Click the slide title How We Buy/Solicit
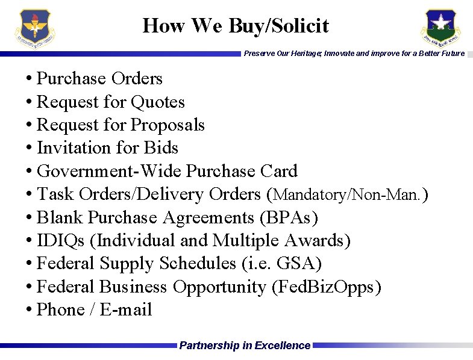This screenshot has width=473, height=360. click(x=236, y=26)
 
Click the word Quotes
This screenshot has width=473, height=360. click(x=158, y=102)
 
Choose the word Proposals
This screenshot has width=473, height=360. click(x=168, y=125)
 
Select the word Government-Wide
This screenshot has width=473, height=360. click(x=109, y=172)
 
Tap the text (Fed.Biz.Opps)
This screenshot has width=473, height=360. click(x=327, y=287)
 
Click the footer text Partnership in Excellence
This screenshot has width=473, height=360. click(x=245, y=346)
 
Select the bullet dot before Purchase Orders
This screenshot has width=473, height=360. click(x=29, y=79)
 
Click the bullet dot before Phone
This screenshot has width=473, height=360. click(x=29, y=311)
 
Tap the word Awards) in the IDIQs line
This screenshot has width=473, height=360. click(x=318, y=241)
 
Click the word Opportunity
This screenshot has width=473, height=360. click(x=219, y=287)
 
